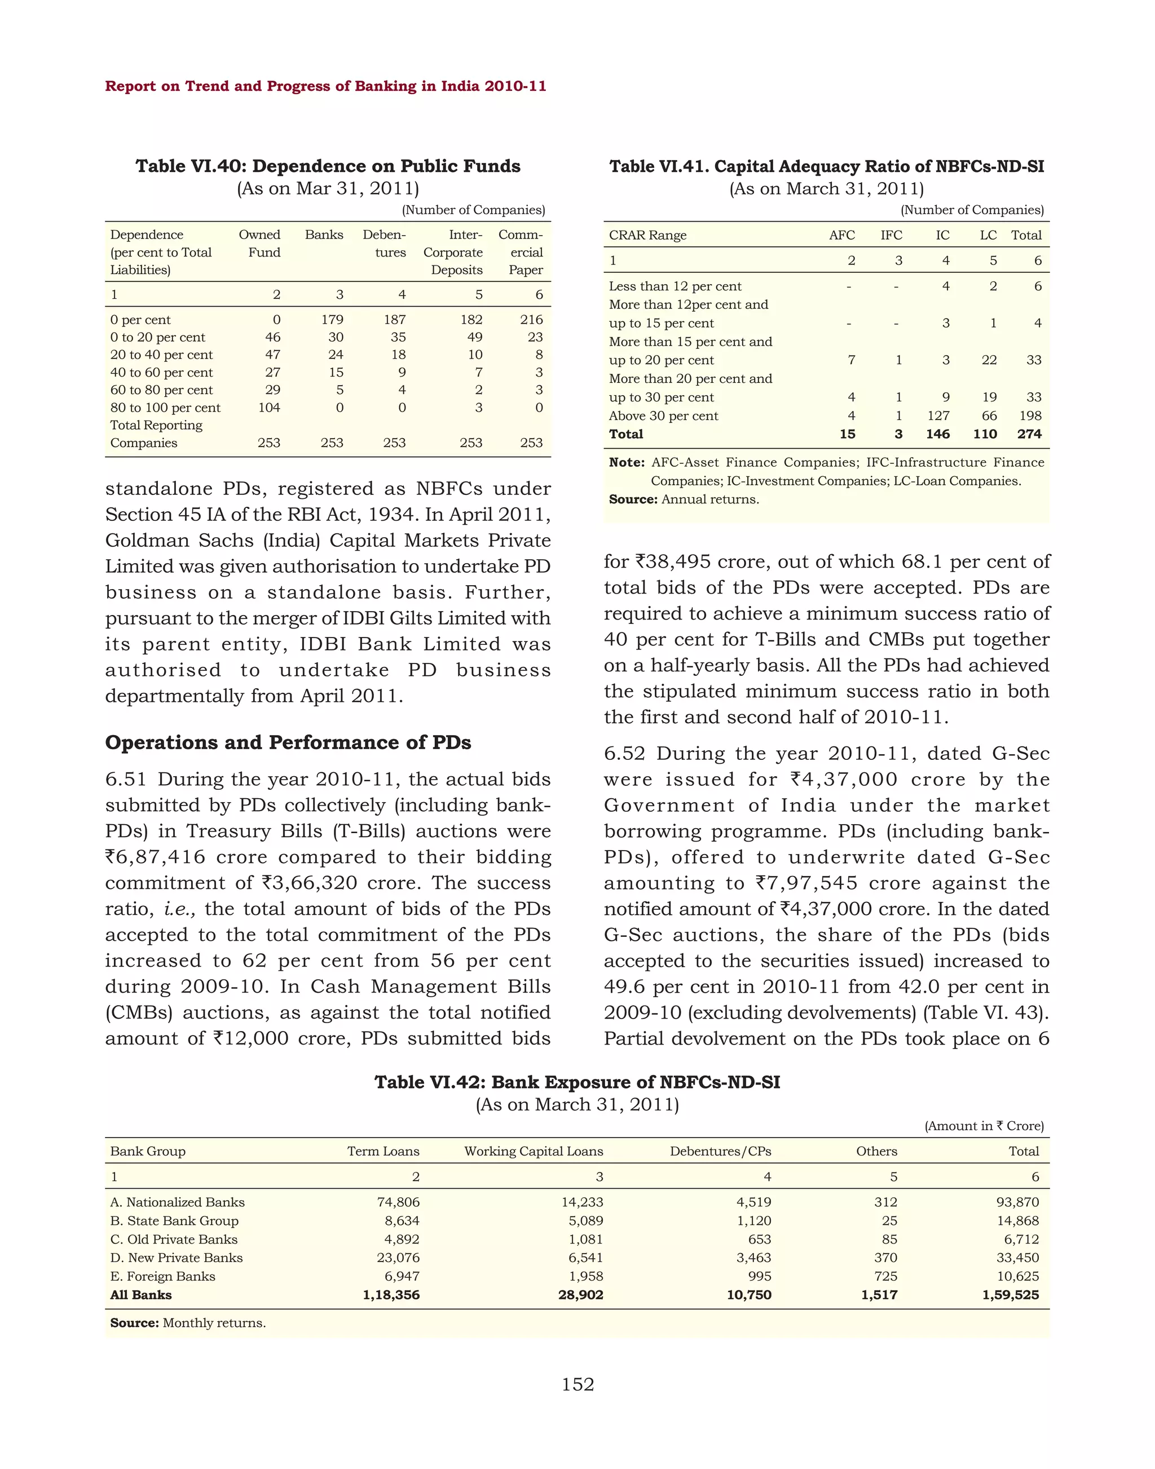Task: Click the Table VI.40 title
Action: click(x=328, y=166)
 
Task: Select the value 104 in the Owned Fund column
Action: click(x=268, y=408)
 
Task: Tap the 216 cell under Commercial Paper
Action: click(x=531, y=320)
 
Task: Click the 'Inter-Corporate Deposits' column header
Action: click(x=453, y=252)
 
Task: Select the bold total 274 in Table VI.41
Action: click(x=1029, y=434)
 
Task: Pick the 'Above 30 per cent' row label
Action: click(x=663, y=416)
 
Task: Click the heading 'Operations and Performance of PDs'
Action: click(x=288, y=742)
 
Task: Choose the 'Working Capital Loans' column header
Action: click(x=533, y=1151)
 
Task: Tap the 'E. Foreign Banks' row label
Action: click(x=162, y=1276)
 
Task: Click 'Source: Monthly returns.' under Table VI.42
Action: click(x=188, y=1323)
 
